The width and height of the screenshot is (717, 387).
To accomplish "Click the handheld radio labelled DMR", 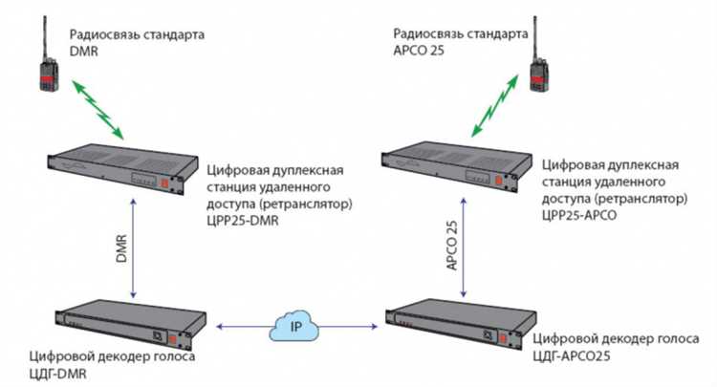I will click(42, 68).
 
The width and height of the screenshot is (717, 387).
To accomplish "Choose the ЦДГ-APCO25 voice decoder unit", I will click(458, 328).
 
